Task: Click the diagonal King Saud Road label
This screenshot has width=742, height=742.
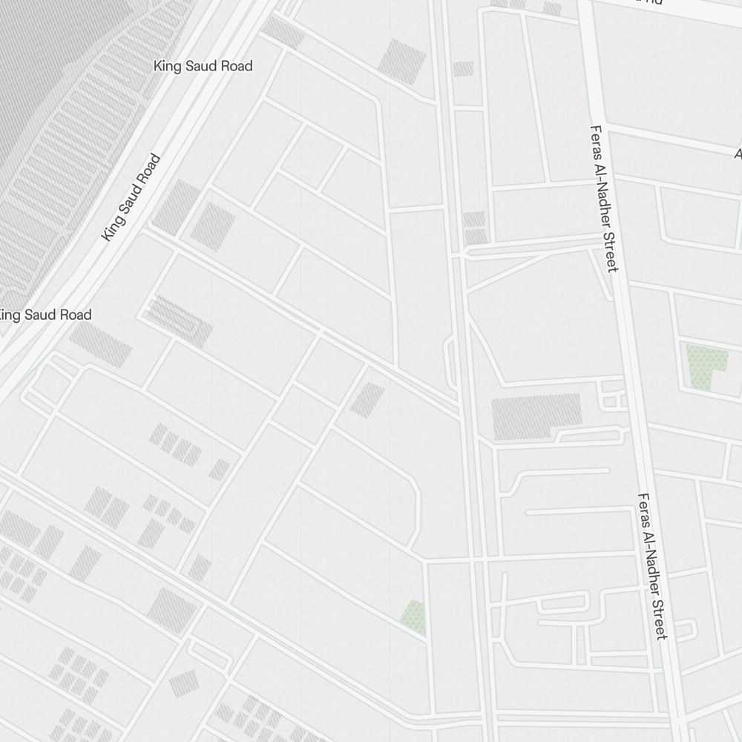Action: [131, 197]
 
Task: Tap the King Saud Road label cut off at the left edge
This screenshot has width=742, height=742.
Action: [45, 315]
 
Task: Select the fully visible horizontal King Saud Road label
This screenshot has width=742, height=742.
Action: [203, 66]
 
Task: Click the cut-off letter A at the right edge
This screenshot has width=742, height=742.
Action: [738, 154]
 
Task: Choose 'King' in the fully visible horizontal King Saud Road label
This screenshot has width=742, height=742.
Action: [167, 66]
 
